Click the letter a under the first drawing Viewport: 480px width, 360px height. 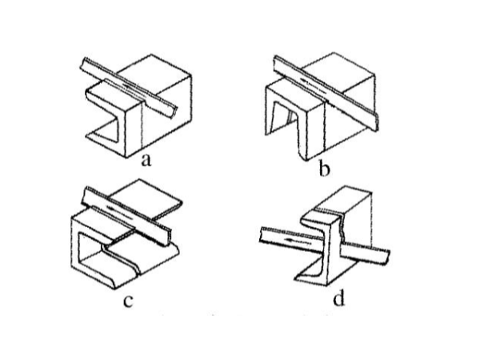click(146, 161)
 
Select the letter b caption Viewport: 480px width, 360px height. click(324, 169)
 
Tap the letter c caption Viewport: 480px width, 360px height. click(128, 301)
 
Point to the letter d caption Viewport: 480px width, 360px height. click(338, 298)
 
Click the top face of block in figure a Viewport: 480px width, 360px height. click(154, 74)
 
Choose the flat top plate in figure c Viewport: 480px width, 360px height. click(146, 199)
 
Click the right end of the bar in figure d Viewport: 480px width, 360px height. click(386, 257)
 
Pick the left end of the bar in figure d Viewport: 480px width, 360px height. click(261, 234)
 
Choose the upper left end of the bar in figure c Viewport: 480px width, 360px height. click(84, 195)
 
